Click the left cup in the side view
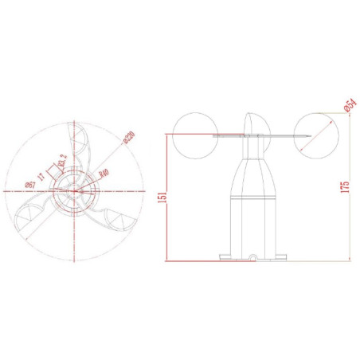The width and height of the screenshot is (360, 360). (x=196, y=133)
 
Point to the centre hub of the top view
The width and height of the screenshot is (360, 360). (x=76, y=190)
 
